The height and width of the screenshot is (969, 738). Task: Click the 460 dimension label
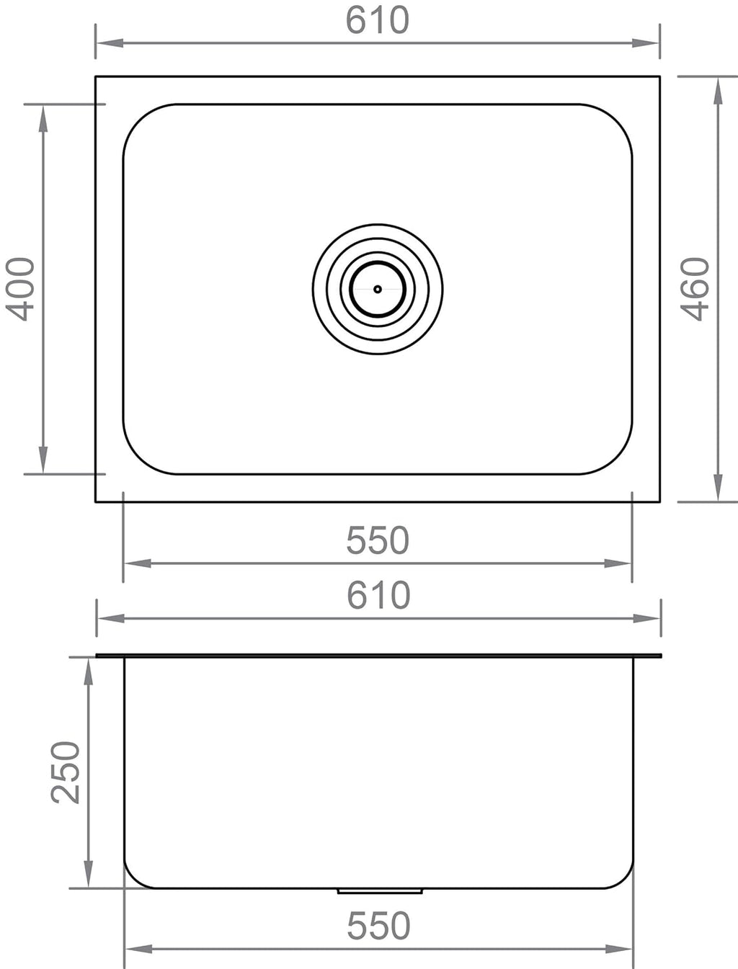pyautogui.click(x=696, y=289)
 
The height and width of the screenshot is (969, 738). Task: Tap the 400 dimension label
pyautogui.click(x=20, y=289)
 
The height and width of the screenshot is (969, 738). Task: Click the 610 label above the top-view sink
pyautogui.click(x=377, y=20)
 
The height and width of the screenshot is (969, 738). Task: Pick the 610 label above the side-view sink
pyautogui.click(x=378, y=595)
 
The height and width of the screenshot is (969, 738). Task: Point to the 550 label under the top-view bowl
pyautogui.click(x=378, y=540)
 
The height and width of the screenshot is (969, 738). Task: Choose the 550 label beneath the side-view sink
pyautogui.click(x=378, y=926)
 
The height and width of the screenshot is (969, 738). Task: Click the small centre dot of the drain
pyautogui.click(x=377, y=289)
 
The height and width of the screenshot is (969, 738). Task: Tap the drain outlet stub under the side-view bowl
pyautogui.click(x=380, y=891)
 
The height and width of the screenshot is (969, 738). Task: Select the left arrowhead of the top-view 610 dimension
pyautogui.click(x=107, y=43)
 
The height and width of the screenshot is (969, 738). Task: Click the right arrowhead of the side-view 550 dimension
pyautogui.click(x=621, y=949)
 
